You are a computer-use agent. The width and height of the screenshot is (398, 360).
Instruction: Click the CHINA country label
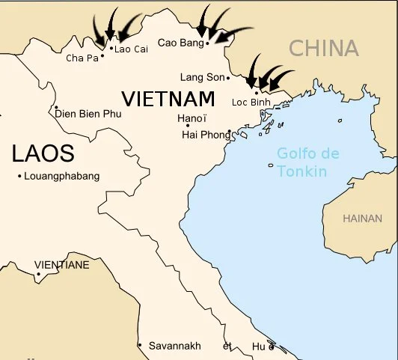click(x=324, y=49)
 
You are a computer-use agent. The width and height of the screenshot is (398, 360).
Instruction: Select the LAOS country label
click(x=43, y=154)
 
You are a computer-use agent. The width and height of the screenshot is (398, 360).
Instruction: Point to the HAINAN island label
click(x=362, y=219)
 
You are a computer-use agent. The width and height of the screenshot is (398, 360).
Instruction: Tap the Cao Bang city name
click(x=180, y=43)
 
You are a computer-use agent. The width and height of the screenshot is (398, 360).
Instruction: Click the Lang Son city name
click(x=202, y=77)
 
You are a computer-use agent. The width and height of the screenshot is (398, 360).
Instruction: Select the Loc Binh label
click(x=251, y=102)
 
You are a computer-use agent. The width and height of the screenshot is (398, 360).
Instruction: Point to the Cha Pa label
click(x=82, y=58)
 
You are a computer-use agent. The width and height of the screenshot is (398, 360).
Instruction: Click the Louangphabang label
click(x=61, y=176)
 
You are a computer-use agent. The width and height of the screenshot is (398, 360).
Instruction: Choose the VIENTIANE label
click(x=62, y=265)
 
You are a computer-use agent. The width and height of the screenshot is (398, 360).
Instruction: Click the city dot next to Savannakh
click(x=139, y=345)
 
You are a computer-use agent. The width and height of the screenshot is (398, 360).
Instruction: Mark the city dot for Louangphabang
click(x=19, y=176)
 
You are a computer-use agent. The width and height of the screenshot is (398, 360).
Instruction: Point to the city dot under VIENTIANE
click(x=38, y=274)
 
